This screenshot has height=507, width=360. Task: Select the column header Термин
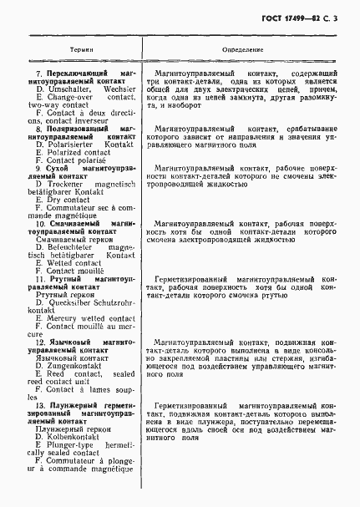coord(73,50)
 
